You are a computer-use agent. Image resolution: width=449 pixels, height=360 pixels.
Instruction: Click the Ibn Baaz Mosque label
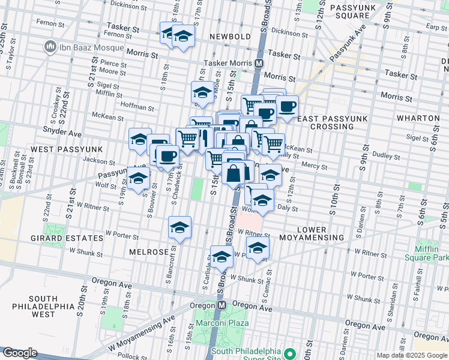pyautogui.click(x=82, y=47)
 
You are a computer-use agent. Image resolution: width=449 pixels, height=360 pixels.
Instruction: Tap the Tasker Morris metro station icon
pyautogui.click(x=259, y=63)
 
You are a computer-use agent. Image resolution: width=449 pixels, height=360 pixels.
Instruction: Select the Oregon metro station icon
pyautogui.click(x=221, y=305)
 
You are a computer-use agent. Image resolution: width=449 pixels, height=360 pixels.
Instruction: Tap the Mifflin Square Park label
pyautogui.click(x=431, y=253)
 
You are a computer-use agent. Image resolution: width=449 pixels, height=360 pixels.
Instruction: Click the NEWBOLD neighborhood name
pyautogui.click(x=230, y=37)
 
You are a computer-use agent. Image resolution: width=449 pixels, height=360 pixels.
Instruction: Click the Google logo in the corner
pyautogui.click(x=20, y=353)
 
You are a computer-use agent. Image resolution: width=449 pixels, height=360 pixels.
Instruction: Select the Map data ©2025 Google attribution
pyautogui.click(x=411, y=355)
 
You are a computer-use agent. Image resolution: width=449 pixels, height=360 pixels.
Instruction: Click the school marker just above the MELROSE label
pyautogui.click(x=179, y=228)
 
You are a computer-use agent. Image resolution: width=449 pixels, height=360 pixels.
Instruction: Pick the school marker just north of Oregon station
pyautogui.click(x=221, y=257)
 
